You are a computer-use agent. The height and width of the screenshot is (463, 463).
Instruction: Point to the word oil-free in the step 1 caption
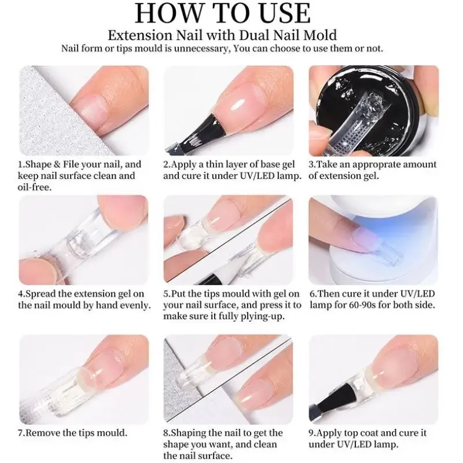(35, 186)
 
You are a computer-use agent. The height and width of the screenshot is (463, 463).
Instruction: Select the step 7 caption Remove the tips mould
(73, 432)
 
